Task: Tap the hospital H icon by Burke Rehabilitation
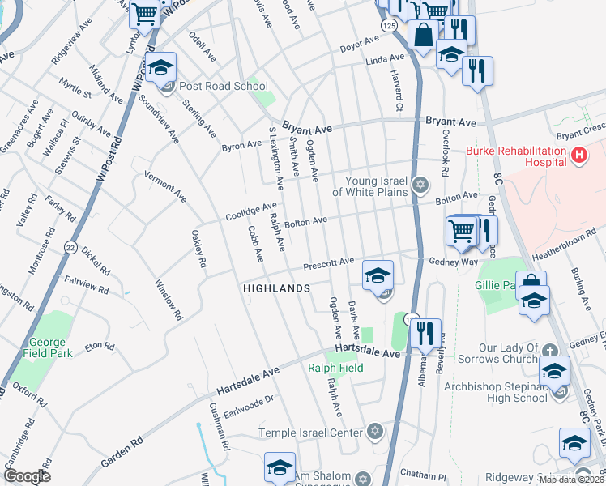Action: coord(578,154)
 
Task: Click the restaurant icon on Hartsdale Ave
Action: coord(425,333)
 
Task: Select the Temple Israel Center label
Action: coord(309,433)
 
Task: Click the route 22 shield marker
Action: coord(71,249)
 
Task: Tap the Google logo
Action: coord(26,476)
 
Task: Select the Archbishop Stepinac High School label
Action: coord(496,392)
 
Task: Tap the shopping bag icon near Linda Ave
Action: coord(422,36)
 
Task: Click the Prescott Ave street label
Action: coord(329,263)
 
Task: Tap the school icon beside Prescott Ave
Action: coord(378,275)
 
